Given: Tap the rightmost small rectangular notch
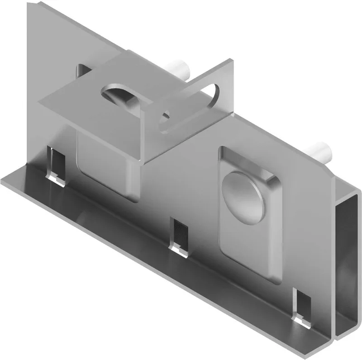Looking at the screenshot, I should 302,308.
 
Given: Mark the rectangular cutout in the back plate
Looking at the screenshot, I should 83,72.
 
